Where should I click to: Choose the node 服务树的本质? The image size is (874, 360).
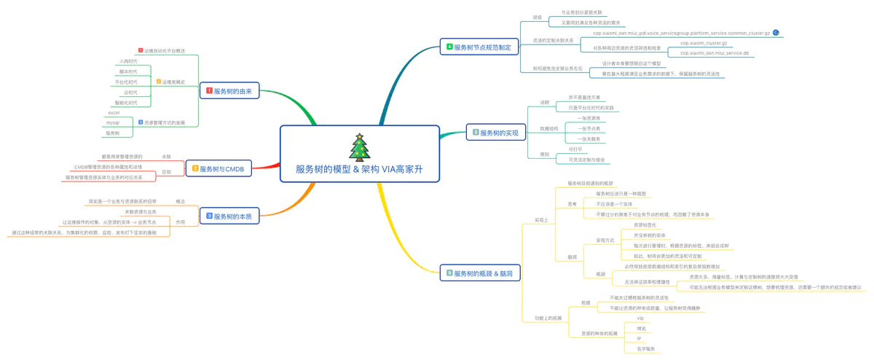coord(230,216)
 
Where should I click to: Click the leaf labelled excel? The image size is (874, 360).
coord(114,113)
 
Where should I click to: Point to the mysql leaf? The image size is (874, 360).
coord(113,123)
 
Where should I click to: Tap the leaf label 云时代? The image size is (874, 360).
coord(131,93)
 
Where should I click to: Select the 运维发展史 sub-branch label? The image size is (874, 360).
coord(173,82)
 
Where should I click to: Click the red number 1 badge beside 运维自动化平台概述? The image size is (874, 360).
coord(141,51)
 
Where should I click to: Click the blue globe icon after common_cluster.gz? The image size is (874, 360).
coord(776,33)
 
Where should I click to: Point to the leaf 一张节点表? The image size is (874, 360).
coord(588,128)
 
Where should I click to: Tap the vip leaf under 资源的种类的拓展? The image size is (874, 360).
coord(640,318)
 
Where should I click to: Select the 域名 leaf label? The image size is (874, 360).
coord(641,329)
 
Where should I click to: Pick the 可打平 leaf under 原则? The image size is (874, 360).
coord(575,149)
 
